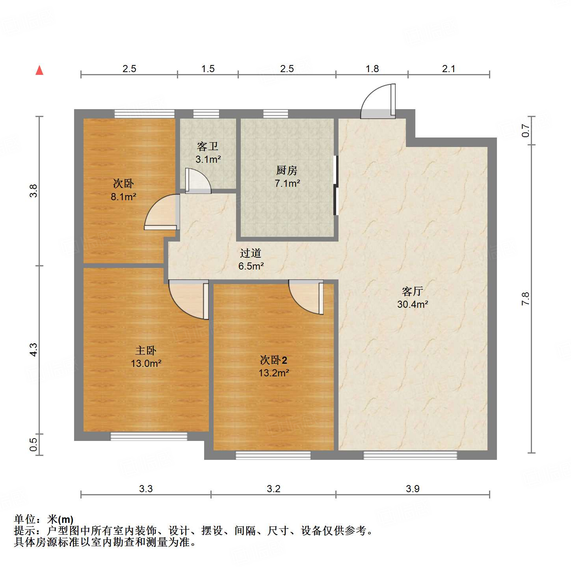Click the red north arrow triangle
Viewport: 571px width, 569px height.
pyautogui.click(x=39, y=71)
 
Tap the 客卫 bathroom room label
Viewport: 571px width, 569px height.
pyautogui.click(x=208, y=147)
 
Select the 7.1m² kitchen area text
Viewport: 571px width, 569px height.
pyautogui.click(x=287, y=183)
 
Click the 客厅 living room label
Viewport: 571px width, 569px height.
pyautogui.click(x=412, y=291)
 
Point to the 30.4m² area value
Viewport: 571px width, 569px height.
pyautogui.click(x=412, y=304)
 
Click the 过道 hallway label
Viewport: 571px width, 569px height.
pyautogui.click(x=251, y=253)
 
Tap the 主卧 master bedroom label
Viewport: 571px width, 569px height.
pyautogui.click(x=146, y=350)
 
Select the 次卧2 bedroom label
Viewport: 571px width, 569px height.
pyautogui.click(x=273, y=360)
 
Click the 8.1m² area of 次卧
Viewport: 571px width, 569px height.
pyautogui.click(x=123, y=197)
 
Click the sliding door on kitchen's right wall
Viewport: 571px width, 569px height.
pyautogui.click(x=336, y=185)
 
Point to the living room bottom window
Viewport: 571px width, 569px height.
pyautogui.click(x=410, y=455)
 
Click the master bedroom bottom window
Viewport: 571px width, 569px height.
pyautogui.click(x=149, y=436)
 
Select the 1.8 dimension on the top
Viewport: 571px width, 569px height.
pyautogui.click(x=372, y=69)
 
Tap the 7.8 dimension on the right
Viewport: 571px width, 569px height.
pyautogui.click(x=525, y=299)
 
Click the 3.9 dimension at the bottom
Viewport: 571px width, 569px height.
pyautogui.click(x=413, y=489)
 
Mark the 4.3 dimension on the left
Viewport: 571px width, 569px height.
pyautogui.click(x=34, y=350)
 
